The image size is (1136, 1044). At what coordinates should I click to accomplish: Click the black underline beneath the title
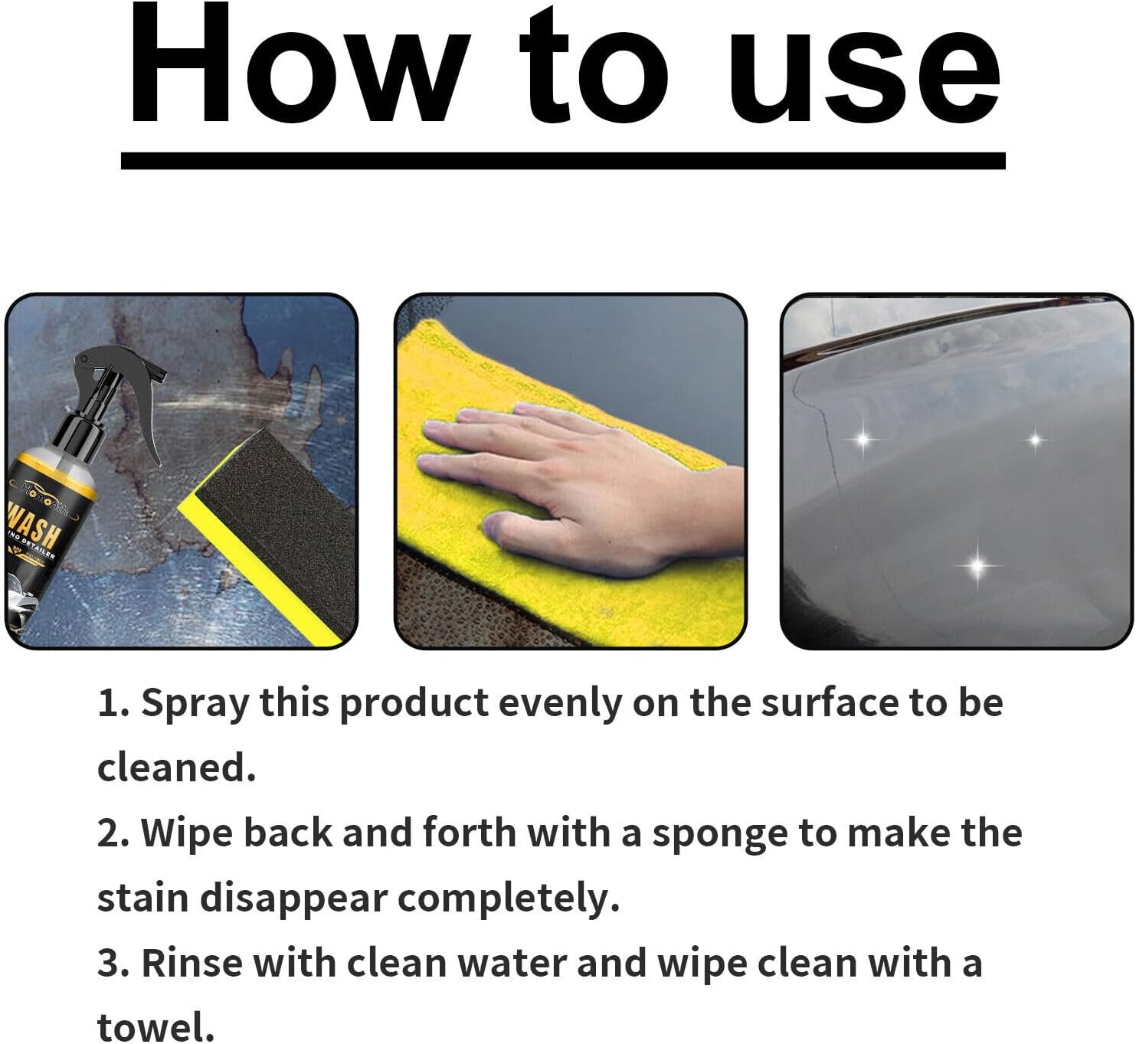(x=563, y=160)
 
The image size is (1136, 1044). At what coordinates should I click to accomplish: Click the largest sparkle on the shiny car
(x=977, y=566)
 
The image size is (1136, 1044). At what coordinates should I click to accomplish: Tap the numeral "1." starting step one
(x=113, y=703)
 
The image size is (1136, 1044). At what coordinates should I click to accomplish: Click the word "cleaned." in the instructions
(x=176, y=767)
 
